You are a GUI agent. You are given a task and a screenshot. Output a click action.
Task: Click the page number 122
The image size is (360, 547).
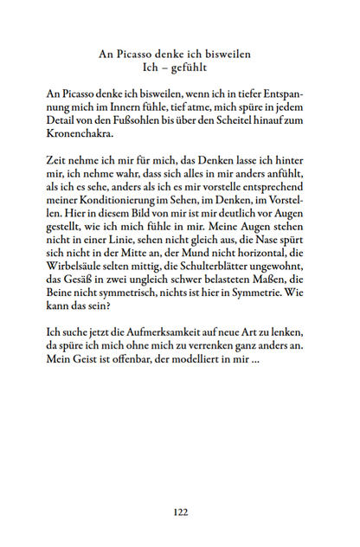coord(180,512)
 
